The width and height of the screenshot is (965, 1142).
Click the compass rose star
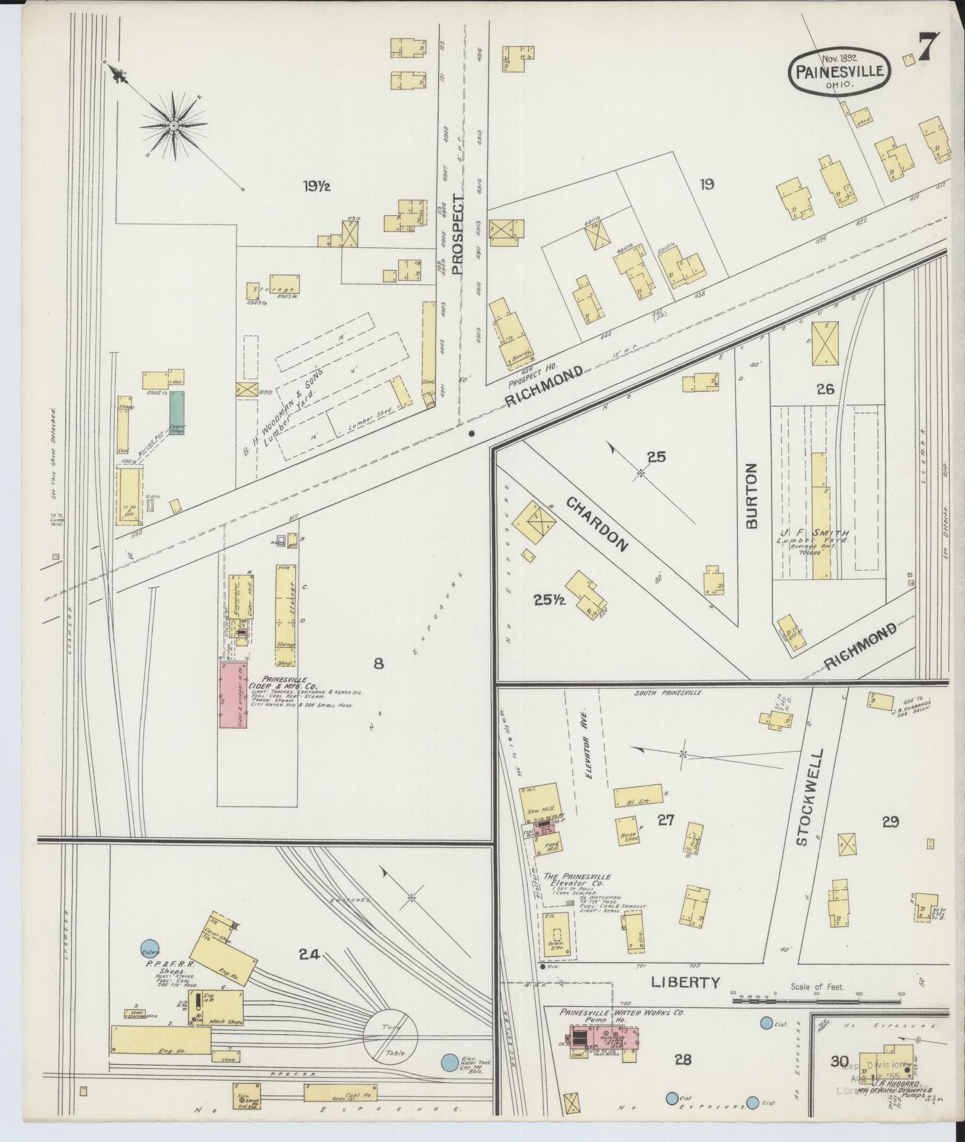point(174,126)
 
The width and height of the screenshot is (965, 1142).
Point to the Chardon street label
point(596,524)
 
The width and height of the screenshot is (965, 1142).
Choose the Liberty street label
point(685,983)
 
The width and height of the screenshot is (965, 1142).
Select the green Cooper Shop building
point(177,412)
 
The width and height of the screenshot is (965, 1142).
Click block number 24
point(309,955)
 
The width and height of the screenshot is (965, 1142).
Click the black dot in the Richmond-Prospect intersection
point(471,433)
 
